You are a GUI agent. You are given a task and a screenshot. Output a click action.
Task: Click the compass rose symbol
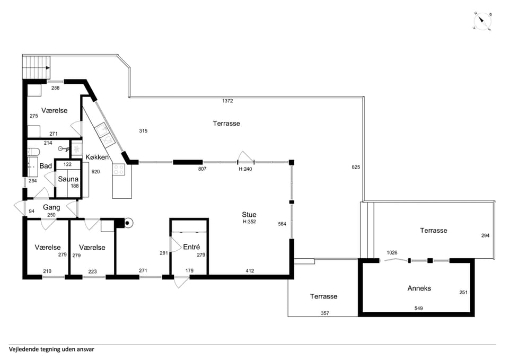tap(482, 22)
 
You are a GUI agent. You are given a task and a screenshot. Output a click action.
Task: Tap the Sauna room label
tap(68, 179)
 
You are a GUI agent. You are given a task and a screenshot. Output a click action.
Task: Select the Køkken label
tap(97, 157)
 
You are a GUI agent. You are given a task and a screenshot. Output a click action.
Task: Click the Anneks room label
tap(419, 288)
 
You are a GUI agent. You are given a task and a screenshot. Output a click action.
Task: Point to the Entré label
tap(191, 247)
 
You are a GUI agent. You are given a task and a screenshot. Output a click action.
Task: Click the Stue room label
tap(249, 215)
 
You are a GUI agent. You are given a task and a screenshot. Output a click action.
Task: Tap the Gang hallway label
tap(51, 207)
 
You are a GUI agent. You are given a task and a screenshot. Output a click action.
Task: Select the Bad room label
tap(46, 166)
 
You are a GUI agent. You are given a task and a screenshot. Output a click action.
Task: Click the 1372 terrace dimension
tap(227, 101)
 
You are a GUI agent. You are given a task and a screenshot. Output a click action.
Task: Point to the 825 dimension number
tap(356, 167)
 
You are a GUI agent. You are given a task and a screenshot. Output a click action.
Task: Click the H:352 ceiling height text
tap(249, 222)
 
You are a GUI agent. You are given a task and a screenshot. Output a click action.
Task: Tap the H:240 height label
tap(245, 169)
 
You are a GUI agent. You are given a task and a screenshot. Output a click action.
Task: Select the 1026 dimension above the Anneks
tap(392, 252)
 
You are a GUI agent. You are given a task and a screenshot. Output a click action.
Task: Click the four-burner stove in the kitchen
tap(118, 170)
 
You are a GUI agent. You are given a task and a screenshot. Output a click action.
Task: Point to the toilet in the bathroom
tap(33, 152)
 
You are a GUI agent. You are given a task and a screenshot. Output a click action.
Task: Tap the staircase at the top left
tap(37, 67)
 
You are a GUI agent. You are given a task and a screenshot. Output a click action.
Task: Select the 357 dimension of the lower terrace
tap(324, 313)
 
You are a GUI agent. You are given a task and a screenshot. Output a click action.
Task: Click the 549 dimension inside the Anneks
tap(418, 309)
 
